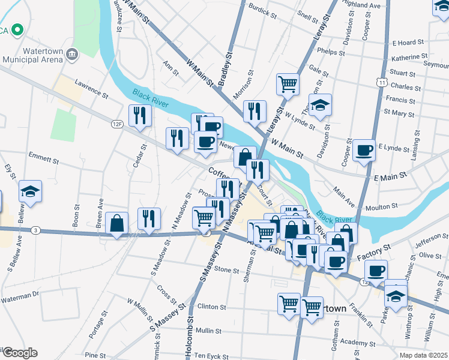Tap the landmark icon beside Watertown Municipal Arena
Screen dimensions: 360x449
pos(72,54)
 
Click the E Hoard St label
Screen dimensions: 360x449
pos(408,43)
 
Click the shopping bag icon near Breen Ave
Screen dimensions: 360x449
pos(116,223)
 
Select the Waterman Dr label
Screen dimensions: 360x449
pos(20,294)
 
